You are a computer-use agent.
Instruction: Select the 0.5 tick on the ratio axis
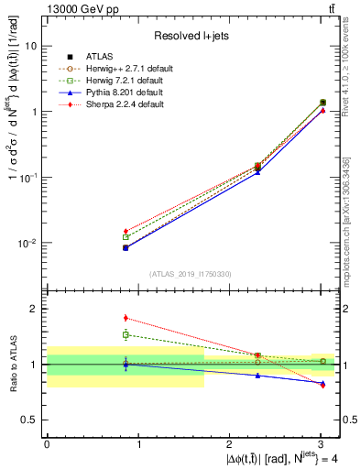(x=29, y=420)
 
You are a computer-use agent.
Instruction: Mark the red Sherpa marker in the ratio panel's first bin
(x=125, y=318)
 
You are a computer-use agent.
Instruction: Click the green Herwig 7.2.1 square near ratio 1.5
(x=125, y=335)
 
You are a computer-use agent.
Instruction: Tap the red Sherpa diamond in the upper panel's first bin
(x=125, y=231)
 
